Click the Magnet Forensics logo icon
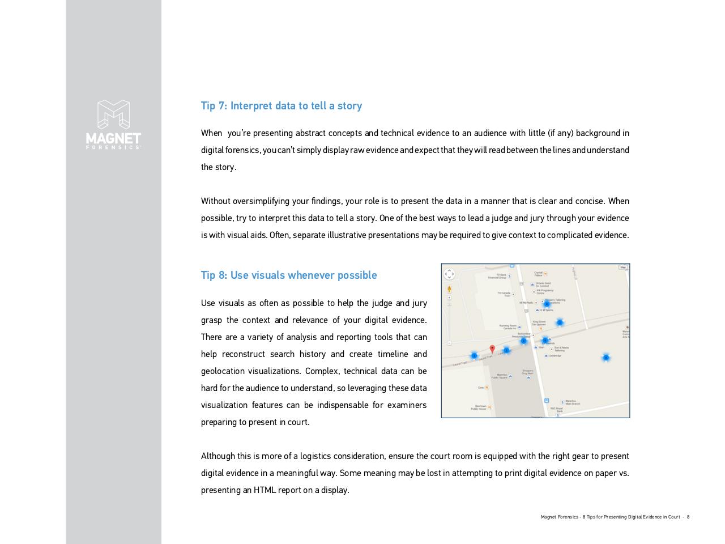pos(113,114)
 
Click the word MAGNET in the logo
pos(113,138)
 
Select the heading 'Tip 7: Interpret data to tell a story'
pos(282,106)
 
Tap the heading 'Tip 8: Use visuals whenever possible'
pos(289,275)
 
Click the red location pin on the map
pos(492,350)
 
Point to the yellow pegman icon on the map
pos(449,289)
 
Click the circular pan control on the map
pos(449,274)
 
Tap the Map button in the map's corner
pos(623,267)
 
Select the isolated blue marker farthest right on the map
pos(605,358)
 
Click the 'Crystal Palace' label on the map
pos(538,274)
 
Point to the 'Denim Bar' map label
pos(555,356)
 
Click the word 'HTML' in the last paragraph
pos(265,490)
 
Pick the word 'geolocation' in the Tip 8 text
pos(223,371)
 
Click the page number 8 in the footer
pos(688,517)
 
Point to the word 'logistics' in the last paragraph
pos(315,456)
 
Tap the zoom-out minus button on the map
pos(449,343)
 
